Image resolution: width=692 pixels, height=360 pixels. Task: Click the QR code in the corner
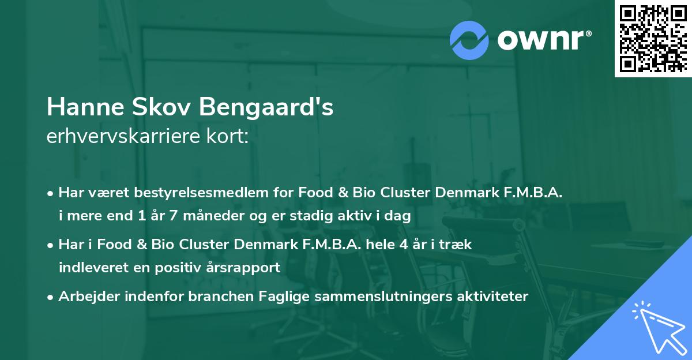coord(653,39)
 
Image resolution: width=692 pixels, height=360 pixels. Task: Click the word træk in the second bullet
coord(457,244)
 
